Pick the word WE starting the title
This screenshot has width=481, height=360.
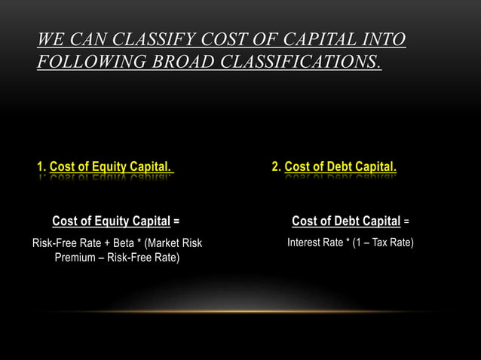(49, 38)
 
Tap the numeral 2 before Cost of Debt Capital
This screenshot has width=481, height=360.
(275, 166)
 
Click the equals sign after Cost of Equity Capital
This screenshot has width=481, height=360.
(176, 221)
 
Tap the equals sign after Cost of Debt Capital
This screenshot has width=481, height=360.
(406, 221)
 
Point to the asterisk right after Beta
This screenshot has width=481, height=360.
(140, 243)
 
